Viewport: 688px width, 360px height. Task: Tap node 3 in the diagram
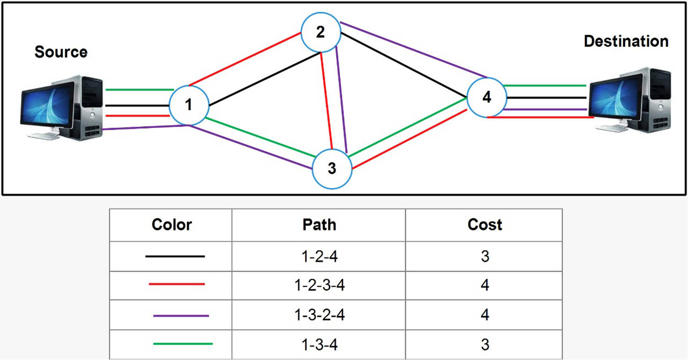pos(332,169)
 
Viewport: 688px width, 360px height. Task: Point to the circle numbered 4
pos(487,98)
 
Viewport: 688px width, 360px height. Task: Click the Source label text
pos(61,52)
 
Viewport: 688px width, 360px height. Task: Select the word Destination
pos(626,41)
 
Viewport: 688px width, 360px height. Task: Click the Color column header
pos(172,225)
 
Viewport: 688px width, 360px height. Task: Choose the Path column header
pos(319,225)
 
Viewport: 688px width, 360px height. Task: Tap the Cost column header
pos(484,225)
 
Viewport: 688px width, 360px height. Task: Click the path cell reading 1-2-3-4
pos(319,285)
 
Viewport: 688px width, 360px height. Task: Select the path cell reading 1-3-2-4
pos(319,315)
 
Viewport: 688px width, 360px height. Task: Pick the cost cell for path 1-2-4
pos(484,256)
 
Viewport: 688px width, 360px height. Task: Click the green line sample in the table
pos(183,343)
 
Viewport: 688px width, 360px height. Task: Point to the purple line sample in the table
pos(181,316)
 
